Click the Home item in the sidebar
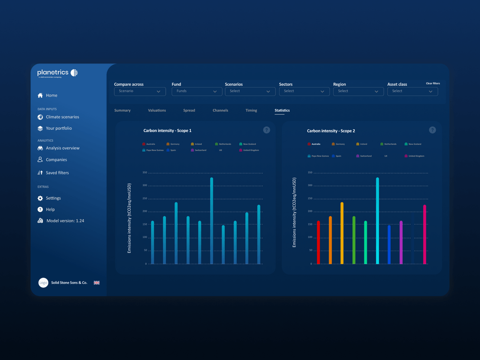point(51,96)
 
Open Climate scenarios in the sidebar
point(62,117)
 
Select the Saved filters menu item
point(57,173)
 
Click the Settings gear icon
point(40,198)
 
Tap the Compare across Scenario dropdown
point(140,92)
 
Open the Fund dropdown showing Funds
point(196,92)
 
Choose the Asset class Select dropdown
point(412,92)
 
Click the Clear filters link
point(432,84)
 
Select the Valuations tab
point(157,111)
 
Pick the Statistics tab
point(282,111)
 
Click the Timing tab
point(251,111)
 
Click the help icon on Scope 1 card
point(267,130)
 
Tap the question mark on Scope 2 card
point(432,130)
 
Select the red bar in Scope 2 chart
point(318,242)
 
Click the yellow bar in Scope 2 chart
point(342,233)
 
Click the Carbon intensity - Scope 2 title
point(331,131)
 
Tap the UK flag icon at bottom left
point(96,283)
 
